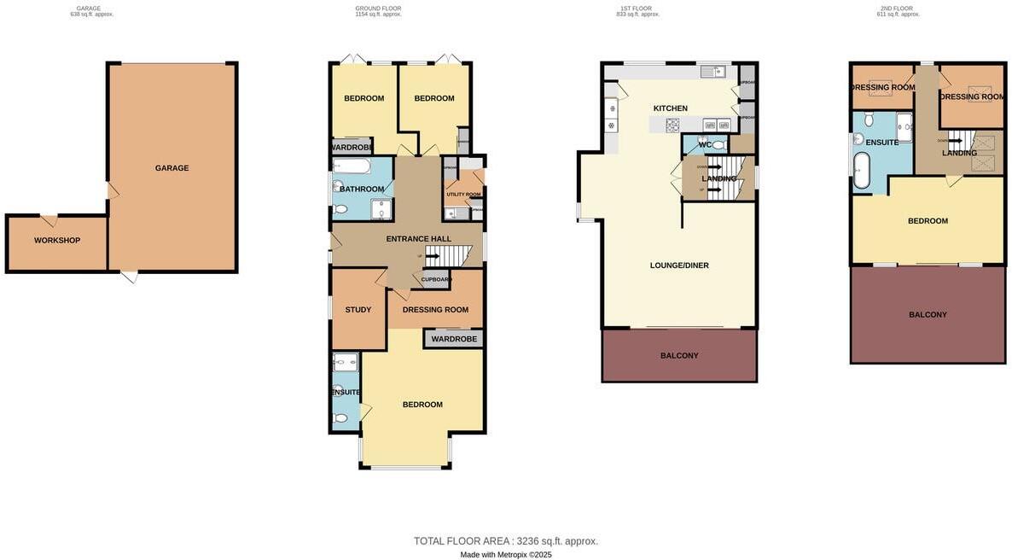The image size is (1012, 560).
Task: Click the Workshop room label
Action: pyautogui.click(x=57, y=241)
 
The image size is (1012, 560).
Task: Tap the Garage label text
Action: pyautogui.click(x=172, y=168)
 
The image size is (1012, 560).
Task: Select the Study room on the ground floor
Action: pyautogui.click(x=358, y=310)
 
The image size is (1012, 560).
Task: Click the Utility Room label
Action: pyautogui.click(x=463, y=195)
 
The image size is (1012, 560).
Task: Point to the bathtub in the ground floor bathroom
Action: pyautogui.click(x=352, y=166)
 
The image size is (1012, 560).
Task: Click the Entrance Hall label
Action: pyautogui.click(x=418, y=239)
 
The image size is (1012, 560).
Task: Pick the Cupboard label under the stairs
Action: pyautogui.click(x=436, y=279)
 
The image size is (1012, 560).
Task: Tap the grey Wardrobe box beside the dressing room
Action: pyautogui.click(x=454, y=339)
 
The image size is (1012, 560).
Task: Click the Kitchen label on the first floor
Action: pyautogui.click(x=670, y=108)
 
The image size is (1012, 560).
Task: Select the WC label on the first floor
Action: pyautogui.click(x=705, y=145)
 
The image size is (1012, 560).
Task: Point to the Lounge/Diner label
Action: pyautogui.click(x=679, y=265)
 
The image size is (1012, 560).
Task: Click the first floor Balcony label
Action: pyautogui.click(x=679, y=356)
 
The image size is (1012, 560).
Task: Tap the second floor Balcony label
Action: pyautogui.click(x=928, y=315)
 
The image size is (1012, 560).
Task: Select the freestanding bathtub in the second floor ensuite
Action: pyautogui.click(x=862, y=170)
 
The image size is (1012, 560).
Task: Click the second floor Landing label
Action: pyautogui.click(x=959, y=154)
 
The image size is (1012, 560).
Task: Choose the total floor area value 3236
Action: pyautogui.click(x=527, y=541)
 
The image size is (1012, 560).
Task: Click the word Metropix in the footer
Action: pyautogui.click(x=512, y=555)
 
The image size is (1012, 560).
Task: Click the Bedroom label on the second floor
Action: pyautogui.click(x=928, y=221)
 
